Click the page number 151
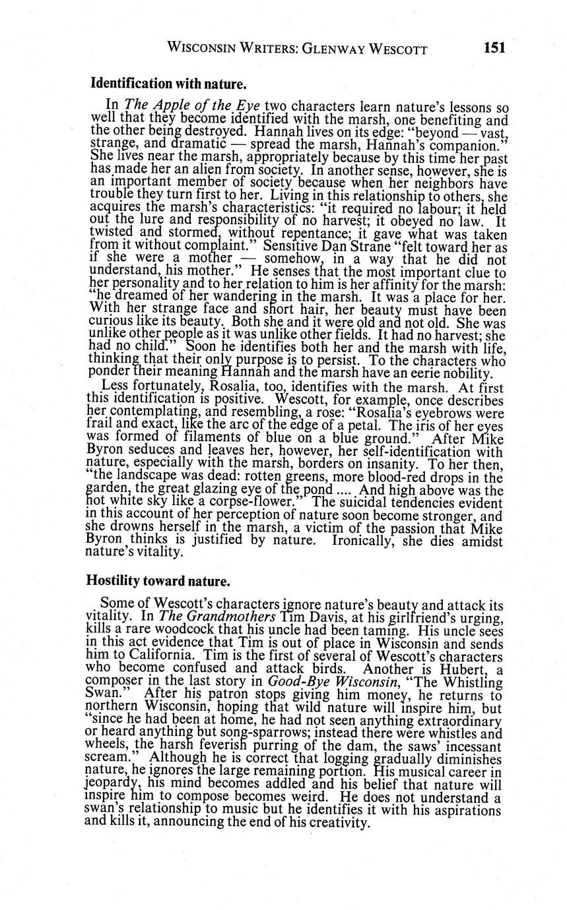point(494,47)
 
